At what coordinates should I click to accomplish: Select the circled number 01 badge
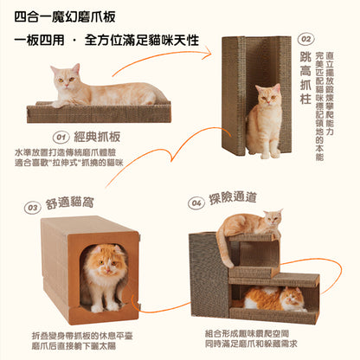(61, 137)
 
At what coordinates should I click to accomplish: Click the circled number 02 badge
(305, 39)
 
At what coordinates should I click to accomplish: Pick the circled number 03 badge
(31, 207)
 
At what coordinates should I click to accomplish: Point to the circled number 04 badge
(196, 203)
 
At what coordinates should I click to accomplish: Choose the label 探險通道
(234, 201)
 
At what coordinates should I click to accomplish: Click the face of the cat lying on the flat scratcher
(64, 80)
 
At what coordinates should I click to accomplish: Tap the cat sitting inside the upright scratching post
(264, 121)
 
